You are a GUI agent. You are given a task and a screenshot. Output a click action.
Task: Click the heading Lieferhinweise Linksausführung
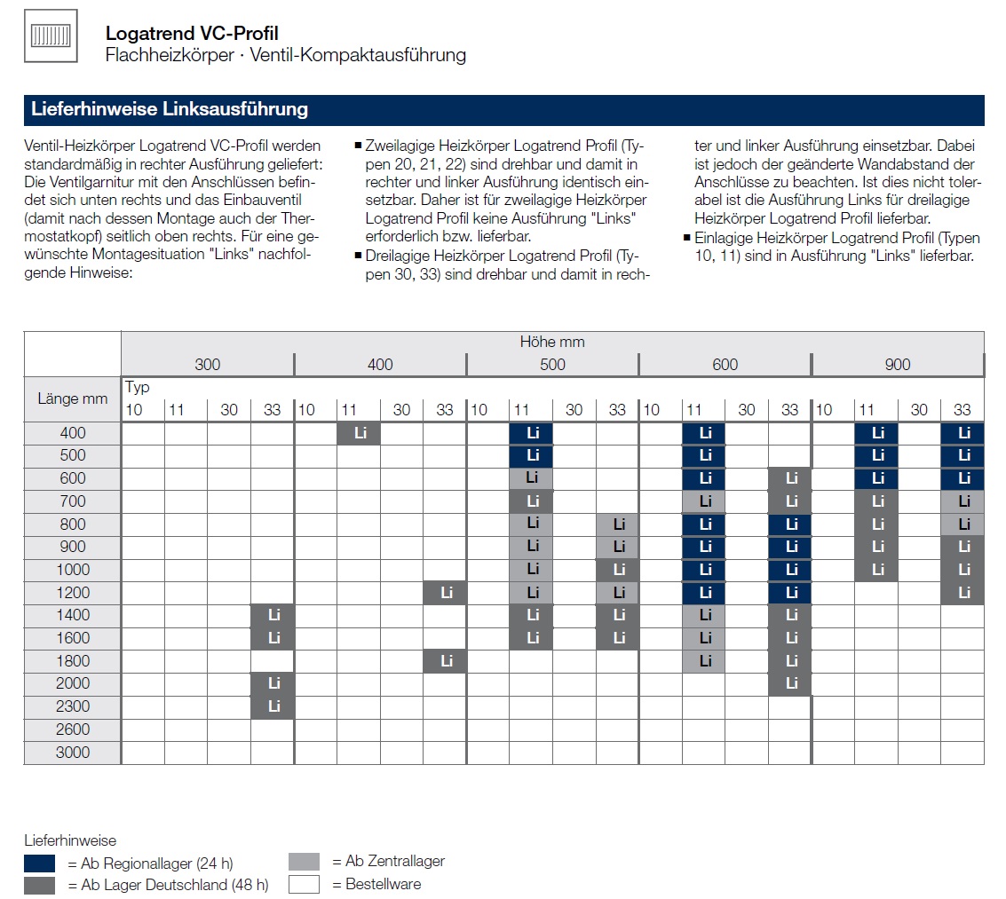click(x=170, y=110)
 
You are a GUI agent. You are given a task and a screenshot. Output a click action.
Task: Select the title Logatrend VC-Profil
click(x=192, y=34)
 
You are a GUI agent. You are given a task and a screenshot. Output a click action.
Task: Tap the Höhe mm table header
click(x=551, y=342)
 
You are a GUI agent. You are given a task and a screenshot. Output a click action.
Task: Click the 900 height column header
click(x=897, y=365)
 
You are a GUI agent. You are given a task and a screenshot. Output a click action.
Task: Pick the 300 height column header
click(x=207, y=365)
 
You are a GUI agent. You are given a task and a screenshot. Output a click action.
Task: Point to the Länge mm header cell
click(x=73, y=398)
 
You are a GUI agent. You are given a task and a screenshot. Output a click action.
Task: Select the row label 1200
click(x=73, y=592)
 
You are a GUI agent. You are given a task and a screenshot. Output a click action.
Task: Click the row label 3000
click(x=73, y=752)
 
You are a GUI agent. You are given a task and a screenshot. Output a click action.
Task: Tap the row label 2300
click(x=73, y=706)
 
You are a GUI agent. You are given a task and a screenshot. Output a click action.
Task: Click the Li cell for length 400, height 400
click(x=359, y=433)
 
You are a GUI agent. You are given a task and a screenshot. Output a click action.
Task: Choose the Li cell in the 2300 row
click(x=273, y=706)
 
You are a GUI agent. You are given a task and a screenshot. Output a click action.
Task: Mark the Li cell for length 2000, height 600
click(x=790, y=683)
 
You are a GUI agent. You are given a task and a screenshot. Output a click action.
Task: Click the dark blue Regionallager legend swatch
click(x=40, y=863)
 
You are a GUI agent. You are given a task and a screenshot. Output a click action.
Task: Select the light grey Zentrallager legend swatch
click(x=304, y=862)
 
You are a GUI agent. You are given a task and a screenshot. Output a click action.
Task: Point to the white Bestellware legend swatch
click(x=304, y=884)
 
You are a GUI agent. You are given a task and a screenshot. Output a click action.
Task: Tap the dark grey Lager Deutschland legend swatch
click(x=40, y=885)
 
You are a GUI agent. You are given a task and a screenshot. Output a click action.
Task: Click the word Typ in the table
click(x=138, y=387)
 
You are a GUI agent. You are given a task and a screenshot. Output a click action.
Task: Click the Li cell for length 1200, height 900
click(x=962, y=592)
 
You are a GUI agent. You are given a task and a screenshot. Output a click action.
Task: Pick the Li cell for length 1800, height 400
click(x=445, y=661)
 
